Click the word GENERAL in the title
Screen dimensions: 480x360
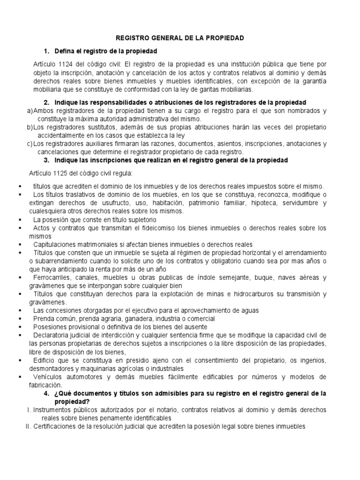168,38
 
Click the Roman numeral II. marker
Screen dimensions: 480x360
28,427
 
